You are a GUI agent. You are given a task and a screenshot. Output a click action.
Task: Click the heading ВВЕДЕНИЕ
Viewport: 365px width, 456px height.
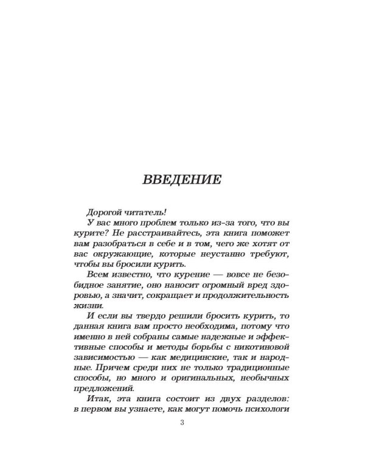click(x=181, y=181)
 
